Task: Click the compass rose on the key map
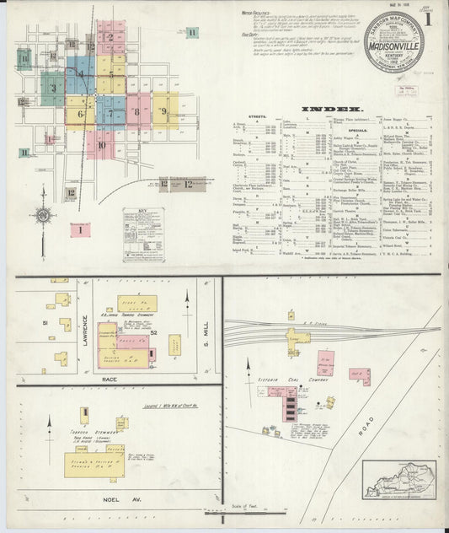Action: (x=43, y=214)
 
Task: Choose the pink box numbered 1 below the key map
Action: (x=81, y=229)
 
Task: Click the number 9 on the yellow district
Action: (x=164, y=110)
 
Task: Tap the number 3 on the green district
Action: (x=53, y=88)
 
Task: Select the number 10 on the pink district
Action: (x=100, y=145)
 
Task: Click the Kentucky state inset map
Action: (x=400, y=478)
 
